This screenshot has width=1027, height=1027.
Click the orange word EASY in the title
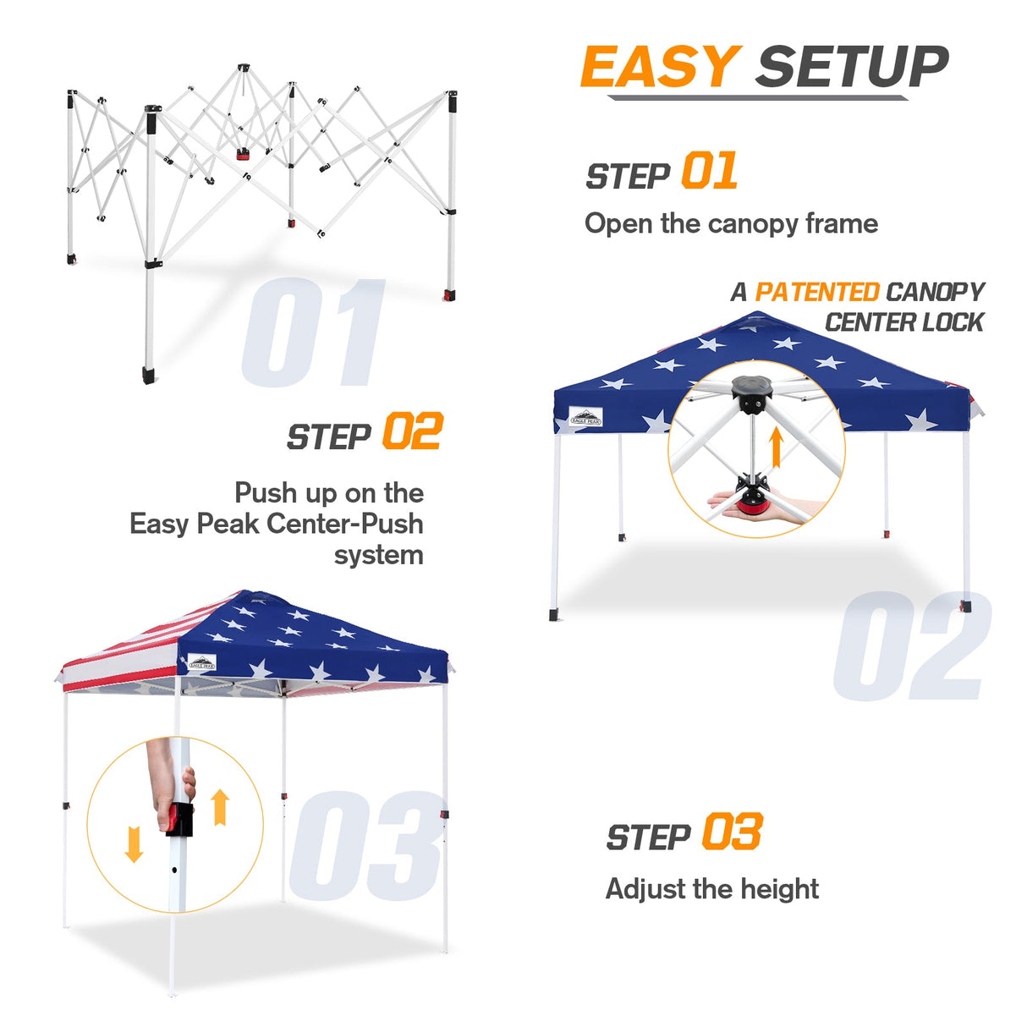click(x=659, y=67)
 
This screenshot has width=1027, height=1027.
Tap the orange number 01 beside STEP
click(x=709, y=172)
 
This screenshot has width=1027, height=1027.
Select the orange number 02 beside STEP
click(x=412, y=432)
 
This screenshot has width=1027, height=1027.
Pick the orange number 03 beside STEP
click(x=732, y=832)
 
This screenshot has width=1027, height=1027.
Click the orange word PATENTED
click(x=816, y=292)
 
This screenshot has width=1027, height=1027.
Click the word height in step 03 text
click(x=779, y=889)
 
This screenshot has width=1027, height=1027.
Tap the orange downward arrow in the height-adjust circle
click(x=134, y=843)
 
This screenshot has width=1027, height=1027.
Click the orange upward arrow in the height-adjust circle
click(x=220, y=806)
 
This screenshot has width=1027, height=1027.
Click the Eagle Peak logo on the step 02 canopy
click(x=585, y=417)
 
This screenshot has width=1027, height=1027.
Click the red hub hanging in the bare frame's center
click(x=244, y=154)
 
